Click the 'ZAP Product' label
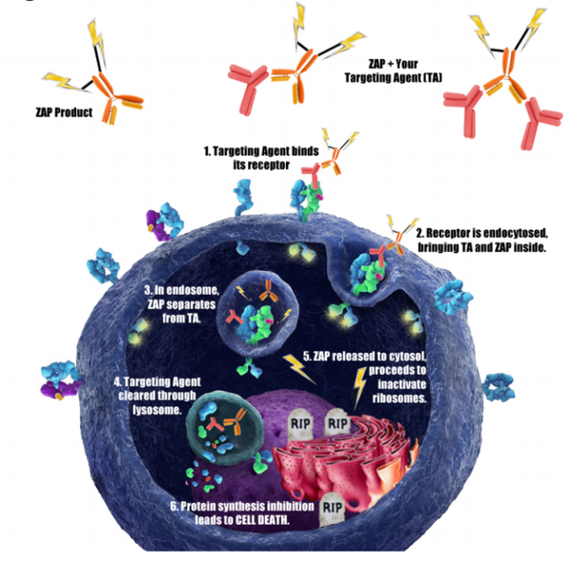[62, 113]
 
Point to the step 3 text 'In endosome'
[175, 301]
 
